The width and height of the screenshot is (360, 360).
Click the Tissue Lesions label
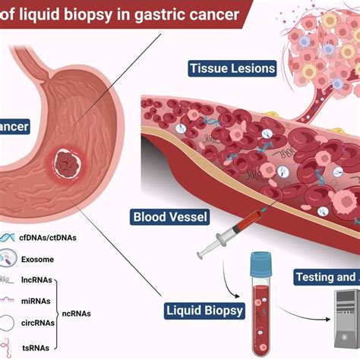click(232, 69)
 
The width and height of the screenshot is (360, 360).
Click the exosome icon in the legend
click(8, 260)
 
